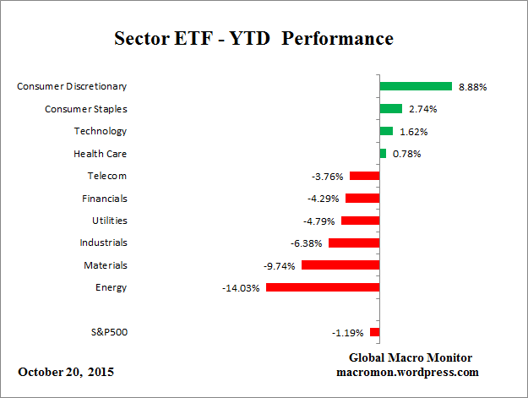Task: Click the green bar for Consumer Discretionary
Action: click(x=416, y=86)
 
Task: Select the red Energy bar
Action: click(x=322, y=287)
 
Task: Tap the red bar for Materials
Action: click(x=340, y=265)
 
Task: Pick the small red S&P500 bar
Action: click(x=374, y=333)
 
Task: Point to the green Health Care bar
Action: click(x=383, y=154)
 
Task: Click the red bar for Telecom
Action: click(x=364, y=176)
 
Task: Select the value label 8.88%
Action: click(x=472, y=86)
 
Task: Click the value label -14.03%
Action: click(x=240, y=287)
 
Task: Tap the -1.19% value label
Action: click(x=347, y=333)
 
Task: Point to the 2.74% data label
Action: click(x=423, y=109)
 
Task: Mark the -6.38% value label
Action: click(x=306, y=243)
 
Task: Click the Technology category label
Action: click(x=101, y=131)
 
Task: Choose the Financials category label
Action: click(x=105, y=199)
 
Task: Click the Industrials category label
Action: click(x=104, y=243)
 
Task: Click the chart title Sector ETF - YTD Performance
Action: click(x=253, y=40)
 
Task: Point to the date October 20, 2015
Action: click(x=66, y=372)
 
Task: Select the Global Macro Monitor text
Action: click(x=411, y=357)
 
